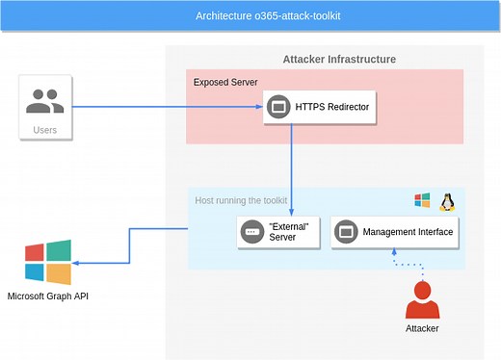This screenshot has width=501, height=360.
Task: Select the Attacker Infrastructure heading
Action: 339,60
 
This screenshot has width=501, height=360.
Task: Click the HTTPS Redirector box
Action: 319,106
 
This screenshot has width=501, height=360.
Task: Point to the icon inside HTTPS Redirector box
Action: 279,106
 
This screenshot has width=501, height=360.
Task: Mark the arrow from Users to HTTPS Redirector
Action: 164,107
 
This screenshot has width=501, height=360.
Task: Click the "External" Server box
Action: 278,232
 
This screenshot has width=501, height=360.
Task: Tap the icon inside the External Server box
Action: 252,232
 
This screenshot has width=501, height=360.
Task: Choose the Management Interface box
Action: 393,232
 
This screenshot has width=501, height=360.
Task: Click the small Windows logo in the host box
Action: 422,200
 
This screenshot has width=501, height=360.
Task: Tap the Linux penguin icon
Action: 447,200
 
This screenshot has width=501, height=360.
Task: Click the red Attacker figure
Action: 421,299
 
